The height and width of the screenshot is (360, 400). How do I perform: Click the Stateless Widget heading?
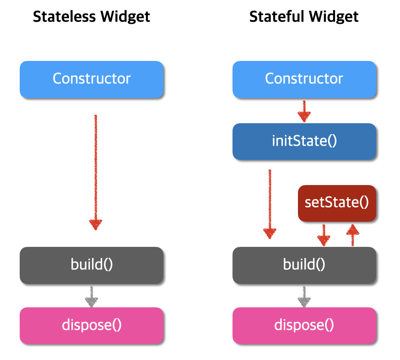pyautogui.click(x=92, y=17)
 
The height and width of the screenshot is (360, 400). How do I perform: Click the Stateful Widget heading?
pyautogui.click(x=304, y=17)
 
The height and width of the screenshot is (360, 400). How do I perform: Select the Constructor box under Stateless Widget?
pyautogui.click(x=92, y=79)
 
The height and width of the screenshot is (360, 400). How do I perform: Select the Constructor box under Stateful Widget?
pyautogui.click(x=304, y=79)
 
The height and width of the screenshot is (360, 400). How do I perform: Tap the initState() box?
pyautogui.click(x=304, y=141)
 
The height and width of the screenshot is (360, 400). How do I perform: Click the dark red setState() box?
pyautogui.click(x=337, y=202)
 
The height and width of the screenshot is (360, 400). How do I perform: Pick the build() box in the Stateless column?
pyautogui.click(x=92, y=265)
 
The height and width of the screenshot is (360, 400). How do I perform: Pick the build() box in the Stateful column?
pyautogui.click(x=304, y=265)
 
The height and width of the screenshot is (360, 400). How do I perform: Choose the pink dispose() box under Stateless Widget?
pyautogui.click(x=92, y=325)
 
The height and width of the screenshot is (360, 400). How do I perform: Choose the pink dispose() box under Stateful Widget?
pyautogui.click(x=304, y=325)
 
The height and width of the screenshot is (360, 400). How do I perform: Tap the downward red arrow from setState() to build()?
pyautogui.click(x=324, y=235)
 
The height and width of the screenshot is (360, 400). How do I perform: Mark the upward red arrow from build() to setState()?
pyautogui.click(x=352, y=235)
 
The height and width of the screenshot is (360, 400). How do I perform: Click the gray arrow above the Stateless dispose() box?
pyautogui.click(x=92, y=296)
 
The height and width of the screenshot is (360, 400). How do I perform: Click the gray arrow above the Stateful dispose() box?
pyautogui.click(x=303, y=296)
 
